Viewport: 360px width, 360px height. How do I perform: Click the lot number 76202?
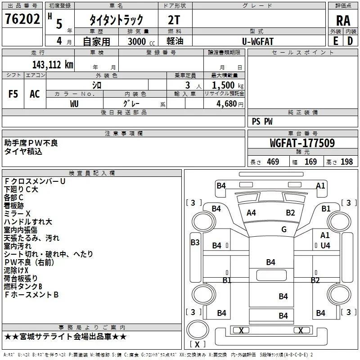[22, 19]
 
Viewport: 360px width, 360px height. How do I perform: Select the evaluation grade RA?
[343, 21]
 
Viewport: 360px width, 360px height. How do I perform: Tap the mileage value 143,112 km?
[53, 64]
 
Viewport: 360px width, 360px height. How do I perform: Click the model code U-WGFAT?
[258, 41]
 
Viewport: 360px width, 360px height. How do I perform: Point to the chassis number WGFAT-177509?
[302, 143]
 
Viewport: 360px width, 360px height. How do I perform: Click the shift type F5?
[13, 94]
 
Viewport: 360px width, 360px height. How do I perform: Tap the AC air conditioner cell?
[35, 94]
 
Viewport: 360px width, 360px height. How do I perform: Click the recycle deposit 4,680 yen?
[230, 104]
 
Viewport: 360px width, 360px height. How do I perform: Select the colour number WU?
[74, 104]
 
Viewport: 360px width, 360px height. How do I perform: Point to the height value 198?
[346, 162]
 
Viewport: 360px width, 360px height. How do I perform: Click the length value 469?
[273, 162]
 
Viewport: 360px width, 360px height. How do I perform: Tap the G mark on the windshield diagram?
[284, 229]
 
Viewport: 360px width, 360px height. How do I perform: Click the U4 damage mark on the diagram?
[325, 245]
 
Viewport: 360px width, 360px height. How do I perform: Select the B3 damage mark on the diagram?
[195, 242]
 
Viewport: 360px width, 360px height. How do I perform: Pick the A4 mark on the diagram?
[251, 213]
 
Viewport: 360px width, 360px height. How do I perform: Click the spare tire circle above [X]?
[198, 329]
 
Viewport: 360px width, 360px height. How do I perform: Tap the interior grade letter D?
[350, 41]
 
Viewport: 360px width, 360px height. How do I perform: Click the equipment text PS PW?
[262, 121]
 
